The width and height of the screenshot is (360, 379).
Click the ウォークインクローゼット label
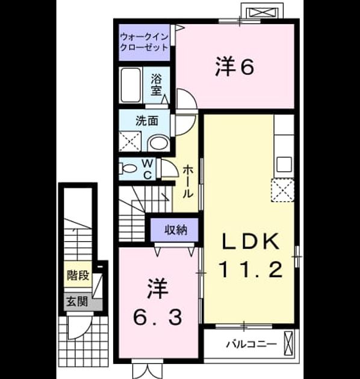tap(144, 42)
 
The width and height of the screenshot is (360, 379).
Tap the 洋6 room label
tap(235, 66)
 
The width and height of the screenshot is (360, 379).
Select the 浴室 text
tap(157, 85)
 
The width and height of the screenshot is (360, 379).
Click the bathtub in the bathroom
tap(131, 85)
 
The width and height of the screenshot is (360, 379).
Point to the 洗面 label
tap(147, 121)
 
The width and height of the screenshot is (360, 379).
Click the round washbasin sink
tap(159, 143)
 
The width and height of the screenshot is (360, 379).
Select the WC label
tap(147, 170)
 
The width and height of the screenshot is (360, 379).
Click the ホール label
tap(187, 182)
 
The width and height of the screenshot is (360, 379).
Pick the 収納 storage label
tap(176, 230)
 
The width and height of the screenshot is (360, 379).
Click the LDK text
tap(250, 241)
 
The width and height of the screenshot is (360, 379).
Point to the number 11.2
tap(250, 270)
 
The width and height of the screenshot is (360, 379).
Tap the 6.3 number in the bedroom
tap(158, 318)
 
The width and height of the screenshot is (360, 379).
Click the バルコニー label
tap(251, 344)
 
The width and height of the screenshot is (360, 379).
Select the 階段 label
tap(78, 275)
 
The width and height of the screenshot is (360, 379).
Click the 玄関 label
tap(77, 301)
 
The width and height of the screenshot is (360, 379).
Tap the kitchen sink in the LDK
tap(284, 164)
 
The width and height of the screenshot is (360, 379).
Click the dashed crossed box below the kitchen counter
tap(282, 190)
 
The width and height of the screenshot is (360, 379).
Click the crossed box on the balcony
tap(288, 343)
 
